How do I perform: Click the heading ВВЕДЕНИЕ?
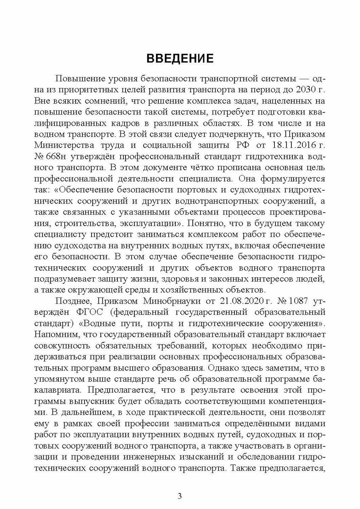(180, 58)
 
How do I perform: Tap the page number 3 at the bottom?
(180, 496)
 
